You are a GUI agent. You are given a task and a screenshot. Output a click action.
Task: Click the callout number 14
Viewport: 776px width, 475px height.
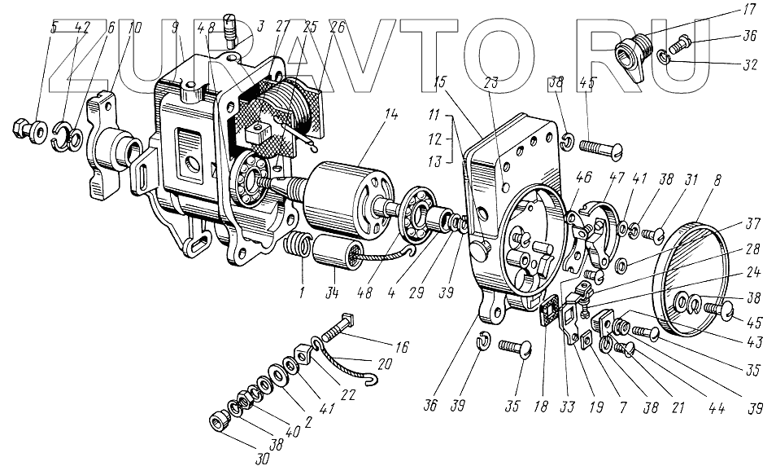tap(394, 115)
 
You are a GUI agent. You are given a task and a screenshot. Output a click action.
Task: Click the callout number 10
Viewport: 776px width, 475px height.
tap(134, 27)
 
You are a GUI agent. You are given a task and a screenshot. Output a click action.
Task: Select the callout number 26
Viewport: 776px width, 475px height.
tap(337, 27)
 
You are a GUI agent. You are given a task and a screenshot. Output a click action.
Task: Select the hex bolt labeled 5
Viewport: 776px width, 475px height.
tap(22, 128)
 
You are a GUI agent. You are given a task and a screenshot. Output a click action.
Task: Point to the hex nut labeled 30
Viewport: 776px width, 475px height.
tap(219, 420)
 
